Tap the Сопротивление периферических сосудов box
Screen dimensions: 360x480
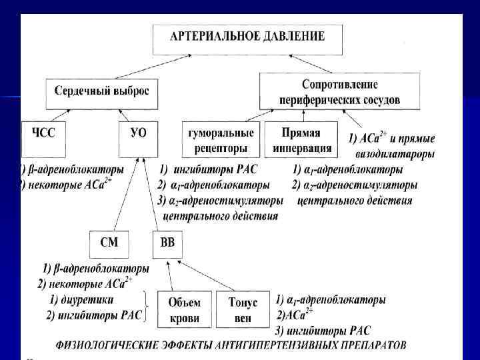(340, 93)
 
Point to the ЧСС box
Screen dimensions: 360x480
(45, 139)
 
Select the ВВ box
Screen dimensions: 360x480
(167, 245)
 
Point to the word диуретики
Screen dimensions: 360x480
(91, 299)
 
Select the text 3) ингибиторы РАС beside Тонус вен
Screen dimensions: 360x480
(323, 331)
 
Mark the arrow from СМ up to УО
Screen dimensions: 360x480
(125, 193)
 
